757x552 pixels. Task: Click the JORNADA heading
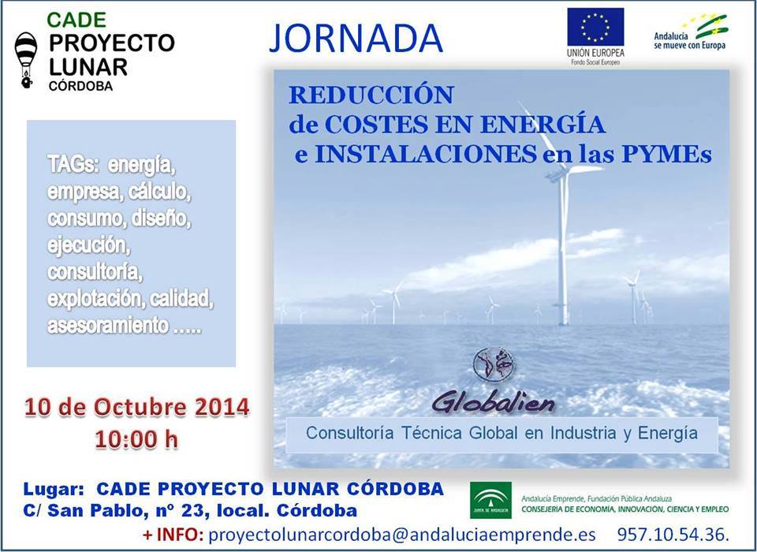356,38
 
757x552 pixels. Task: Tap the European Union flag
595,27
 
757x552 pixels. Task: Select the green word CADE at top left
76,20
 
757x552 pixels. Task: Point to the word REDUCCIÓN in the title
371,95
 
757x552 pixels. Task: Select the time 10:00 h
136,439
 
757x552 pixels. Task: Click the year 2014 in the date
222,407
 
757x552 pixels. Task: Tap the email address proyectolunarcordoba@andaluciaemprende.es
401,535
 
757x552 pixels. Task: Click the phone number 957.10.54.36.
673,534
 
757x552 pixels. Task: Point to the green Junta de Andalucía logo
490,500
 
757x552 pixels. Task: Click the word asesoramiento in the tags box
108,326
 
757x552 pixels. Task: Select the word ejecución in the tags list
89,246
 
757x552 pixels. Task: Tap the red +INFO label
173,535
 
